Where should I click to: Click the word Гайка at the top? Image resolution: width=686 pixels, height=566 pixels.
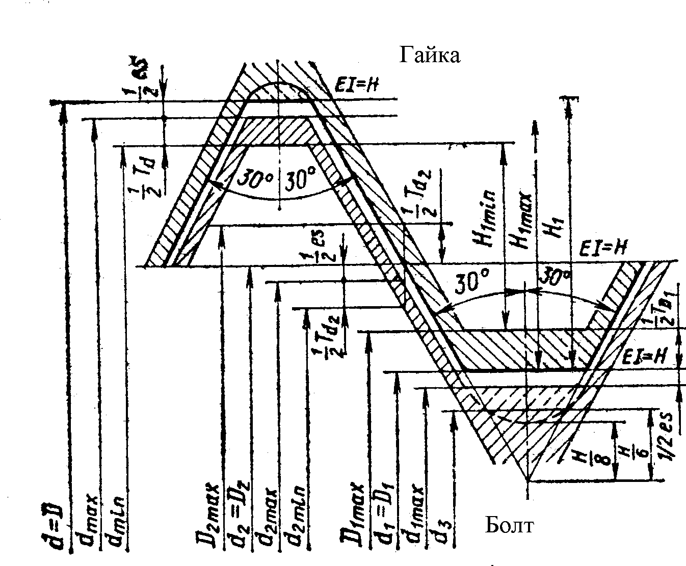click(430, 55)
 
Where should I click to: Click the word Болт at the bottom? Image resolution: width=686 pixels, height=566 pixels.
click(509, 525)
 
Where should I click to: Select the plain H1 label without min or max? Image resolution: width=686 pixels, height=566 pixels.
click(553, 227)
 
